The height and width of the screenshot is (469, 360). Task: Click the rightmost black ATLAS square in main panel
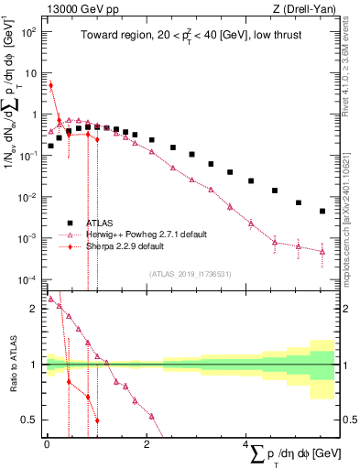[322, 212]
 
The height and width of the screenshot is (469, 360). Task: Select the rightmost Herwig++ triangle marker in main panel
[322, 250]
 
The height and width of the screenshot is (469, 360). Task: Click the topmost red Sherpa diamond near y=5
[50, 85]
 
